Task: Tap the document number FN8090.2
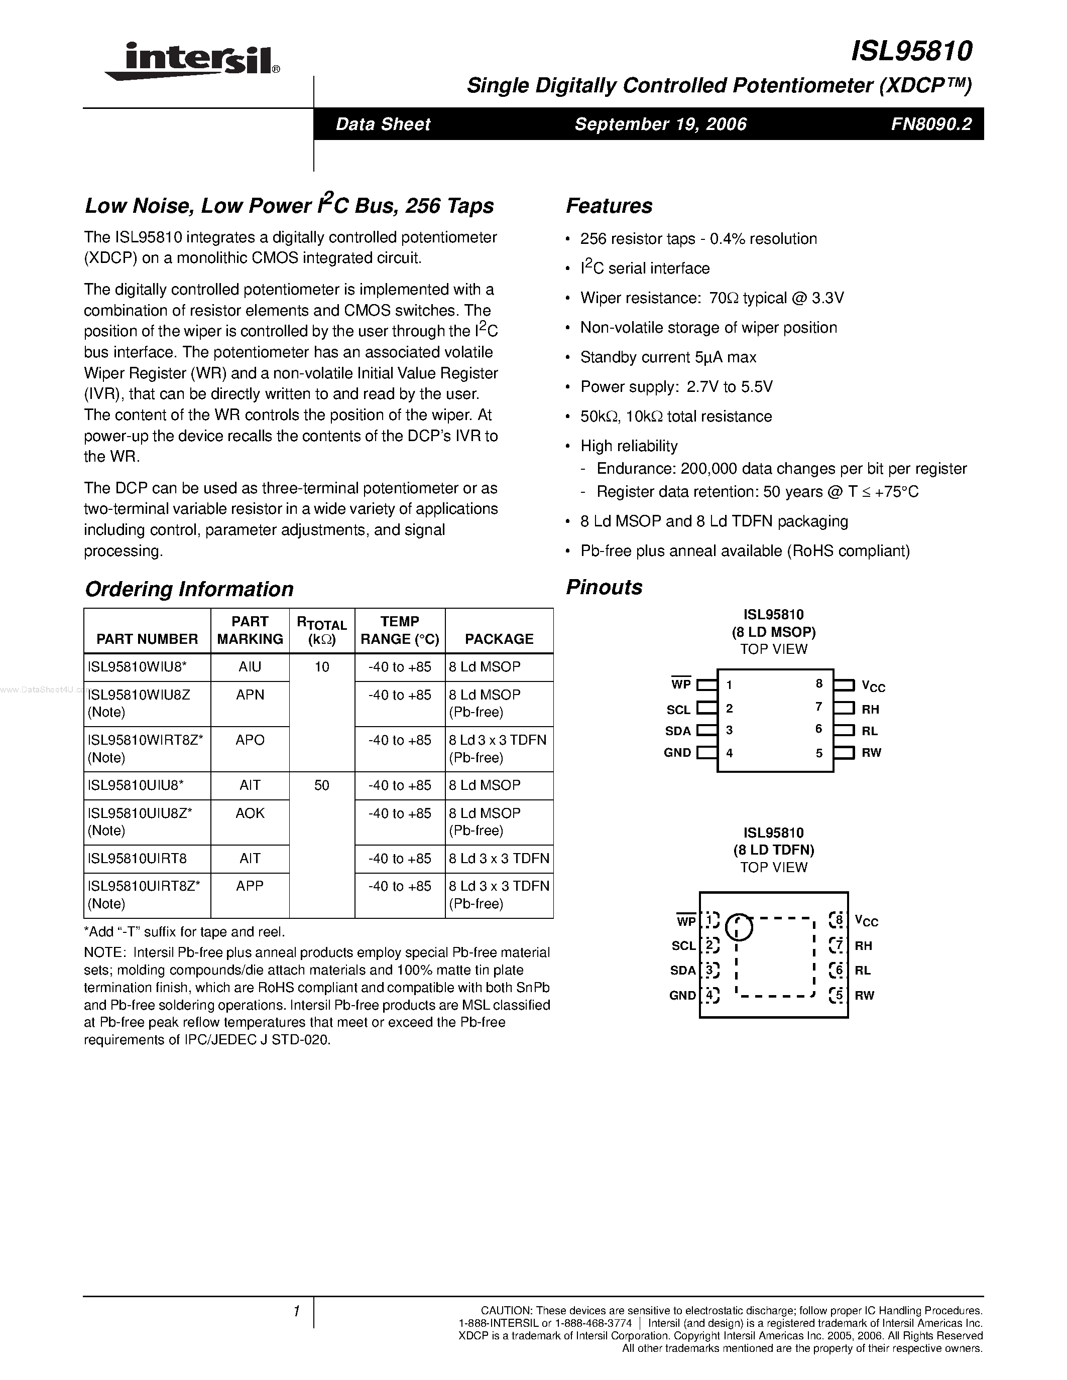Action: pos(931,124)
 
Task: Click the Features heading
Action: pos(609,206)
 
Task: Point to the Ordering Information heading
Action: pos(189,589)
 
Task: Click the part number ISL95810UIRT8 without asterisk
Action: pos(138,859)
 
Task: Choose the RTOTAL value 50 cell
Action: pos(322,785)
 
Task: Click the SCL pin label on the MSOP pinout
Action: pos(678,710)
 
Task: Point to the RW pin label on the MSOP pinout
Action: pos(871,753)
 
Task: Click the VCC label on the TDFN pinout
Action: pos(866,921)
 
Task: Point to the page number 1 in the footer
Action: pos(296,1312)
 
